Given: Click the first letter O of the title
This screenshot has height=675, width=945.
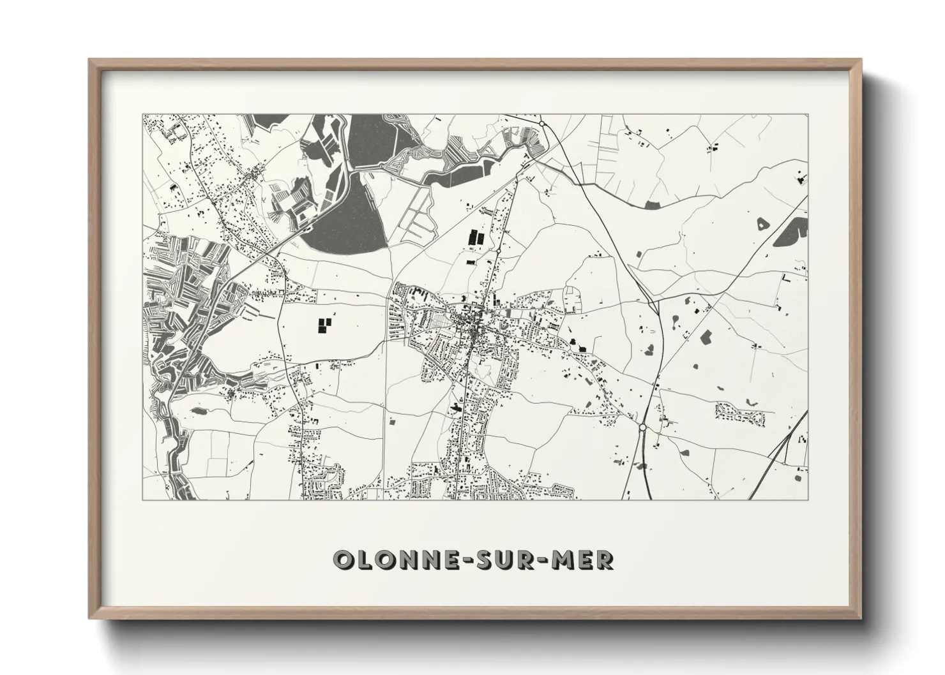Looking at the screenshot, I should [345, 560].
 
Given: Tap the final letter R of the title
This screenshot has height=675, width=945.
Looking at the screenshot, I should [603, 560].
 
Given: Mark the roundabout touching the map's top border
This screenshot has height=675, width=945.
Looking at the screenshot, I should [542, 122].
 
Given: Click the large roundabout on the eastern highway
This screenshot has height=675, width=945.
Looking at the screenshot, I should [643, 427].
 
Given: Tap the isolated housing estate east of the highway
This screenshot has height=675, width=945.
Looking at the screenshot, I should [740, 413].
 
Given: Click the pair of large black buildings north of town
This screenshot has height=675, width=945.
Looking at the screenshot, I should [476, 238].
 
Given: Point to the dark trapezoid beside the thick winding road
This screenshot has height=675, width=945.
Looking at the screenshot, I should [653, 205].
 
